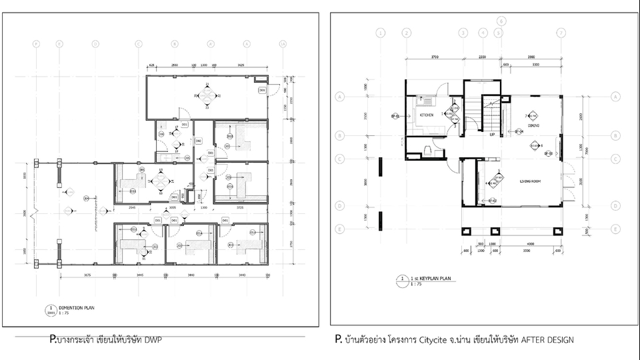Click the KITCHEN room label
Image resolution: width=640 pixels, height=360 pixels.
[427, 115]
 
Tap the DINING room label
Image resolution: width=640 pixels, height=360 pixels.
[533, 125]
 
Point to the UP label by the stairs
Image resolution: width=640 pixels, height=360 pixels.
[492, 135]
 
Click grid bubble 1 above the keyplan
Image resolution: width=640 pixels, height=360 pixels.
[381, 32]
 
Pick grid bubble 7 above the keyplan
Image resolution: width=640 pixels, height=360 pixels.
[561, 32]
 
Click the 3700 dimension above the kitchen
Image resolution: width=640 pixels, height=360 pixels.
[434, 58]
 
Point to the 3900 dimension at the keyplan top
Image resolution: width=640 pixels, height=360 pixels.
[531, 58]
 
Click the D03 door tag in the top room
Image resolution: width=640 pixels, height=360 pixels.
[262, 90]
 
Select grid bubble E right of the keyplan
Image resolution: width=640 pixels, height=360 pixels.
[614, 229]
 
